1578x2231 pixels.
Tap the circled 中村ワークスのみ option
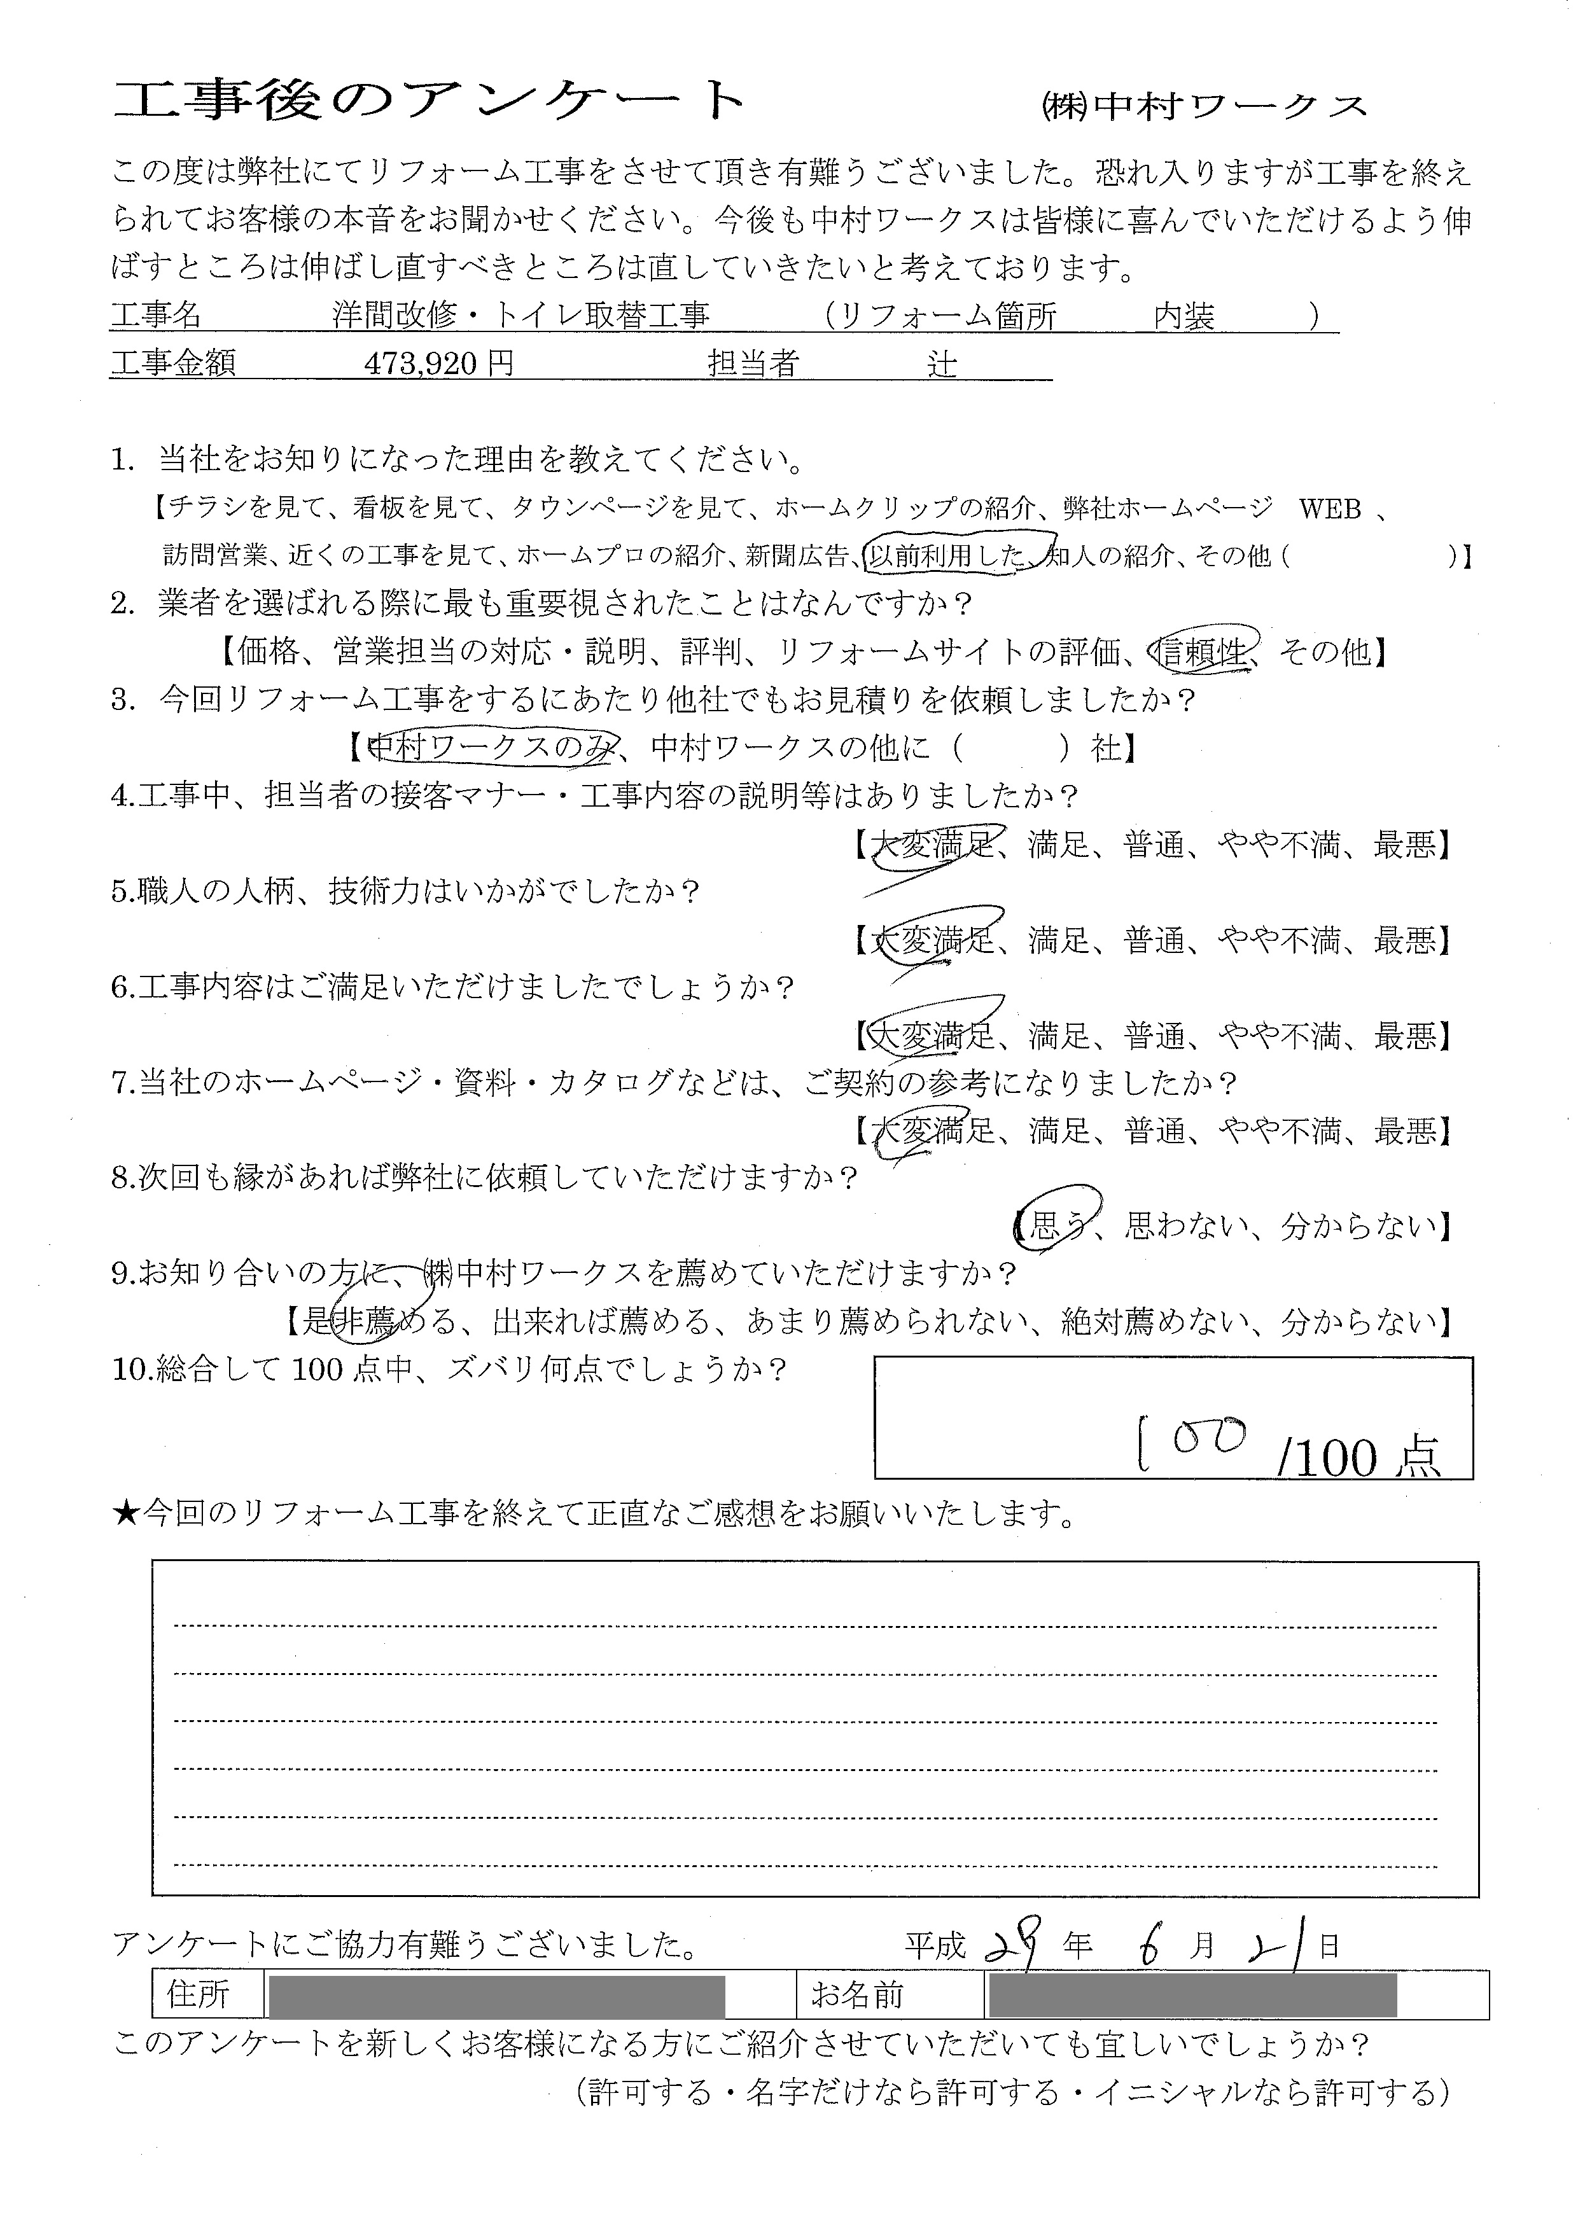494,747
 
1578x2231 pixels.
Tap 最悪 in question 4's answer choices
1405,845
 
